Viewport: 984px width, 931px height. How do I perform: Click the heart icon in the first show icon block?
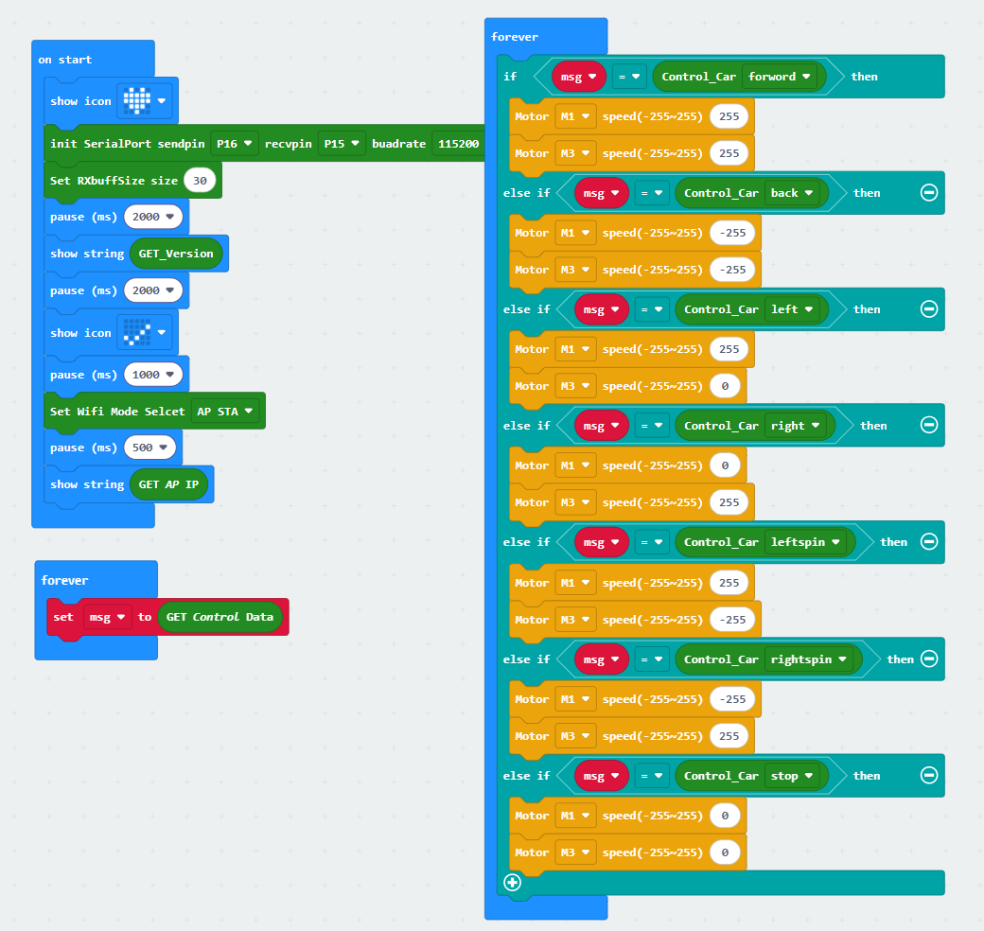click(137, 100)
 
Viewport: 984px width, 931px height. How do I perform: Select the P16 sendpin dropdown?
click(234, 144)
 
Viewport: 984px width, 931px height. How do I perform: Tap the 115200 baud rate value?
click(458, 144)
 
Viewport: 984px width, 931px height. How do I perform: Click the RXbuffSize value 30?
click(200, 181)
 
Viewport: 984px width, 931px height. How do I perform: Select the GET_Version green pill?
click(176, 254)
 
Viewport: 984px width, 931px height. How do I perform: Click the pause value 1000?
click(153, 375)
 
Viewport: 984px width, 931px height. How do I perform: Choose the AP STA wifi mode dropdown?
click(224, 412)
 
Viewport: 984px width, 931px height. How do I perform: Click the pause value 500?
click(149, 448)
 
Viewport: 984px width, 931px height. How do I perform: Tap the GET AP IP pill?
click(168, 484)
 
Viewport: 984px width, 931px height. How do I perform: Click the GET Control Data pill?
click(220, 617)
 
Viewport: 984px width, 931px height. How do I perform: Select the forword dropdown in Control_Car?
click(780, 77)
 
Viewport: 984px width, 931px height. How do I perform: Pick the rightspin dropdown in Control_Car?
click(809, 659)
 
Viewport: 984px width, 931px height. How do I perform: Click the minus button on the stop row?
click(929, 776)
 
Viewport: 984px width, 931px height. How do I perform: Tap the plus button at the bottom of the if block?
click(512, 883)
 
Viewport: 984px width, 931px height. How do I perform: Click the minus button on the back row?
click(929, 193)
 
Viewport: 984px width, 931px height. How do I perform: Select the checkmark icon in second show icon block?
click(137, 332)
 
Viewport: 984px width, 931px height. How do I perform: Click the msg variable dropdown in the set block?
click(107, 617)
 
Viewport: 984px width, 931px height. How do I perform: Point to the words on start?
click(64, 60)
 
